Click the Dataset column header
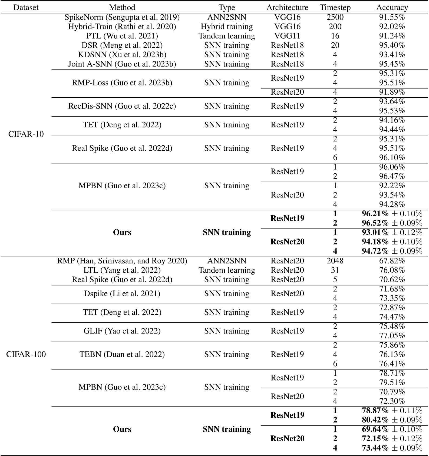(26, 7)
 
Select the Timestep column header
(335, 7)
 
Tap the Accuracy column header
(392, 7)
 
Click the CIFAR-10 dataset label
(26, 134)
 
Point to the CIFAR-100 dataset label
(26, 354)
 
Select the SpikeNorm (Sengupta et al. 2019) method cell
(122, 17)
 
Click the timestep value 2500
(335, 17)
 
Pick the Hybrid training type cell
(227, 27)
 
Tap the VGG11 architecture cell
(287, 36)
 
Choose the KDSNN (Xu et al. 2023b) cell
(122, 55)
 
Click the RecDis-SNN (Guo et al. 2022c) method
(122, 106)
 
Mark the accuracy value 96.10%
(392, 157)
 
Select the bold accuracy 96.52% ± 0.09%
(392, 223)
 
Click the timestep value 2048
(335, 261)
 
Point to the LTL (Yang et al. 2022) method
(122, 270)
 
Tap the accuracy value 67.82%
(392, 261)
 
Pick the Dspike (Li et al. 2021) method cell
(122, 293)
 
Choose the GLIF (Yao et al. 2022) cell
(122, 331)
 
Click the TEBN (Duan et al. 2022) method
(122, 354)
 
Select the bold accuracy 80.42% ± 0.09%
(392, 420)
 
